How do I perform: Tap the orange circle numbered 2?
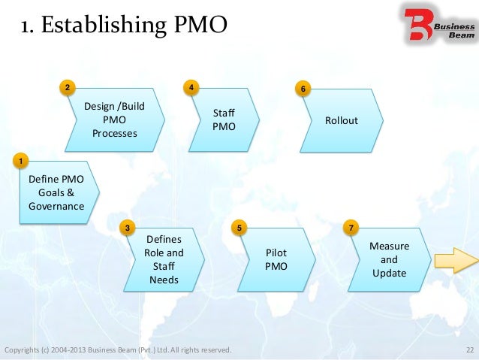coord(68,88)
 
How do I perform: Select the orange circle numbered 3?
coord(128,227)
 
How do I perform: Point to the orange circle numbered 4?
coord(193,88)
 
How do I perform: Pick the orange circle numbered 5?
coord(239,227)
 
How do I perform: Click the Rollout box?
coord(342,121)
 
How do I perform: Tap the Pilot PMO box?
coord(275,260)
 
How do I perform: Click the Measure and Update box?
coord(389,259)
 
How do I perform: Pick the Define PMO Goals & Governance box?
coord(56,193)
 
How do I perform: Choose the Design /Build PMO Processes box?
coord(113,120)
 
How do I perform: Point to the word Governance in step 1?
coord(56,206)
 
